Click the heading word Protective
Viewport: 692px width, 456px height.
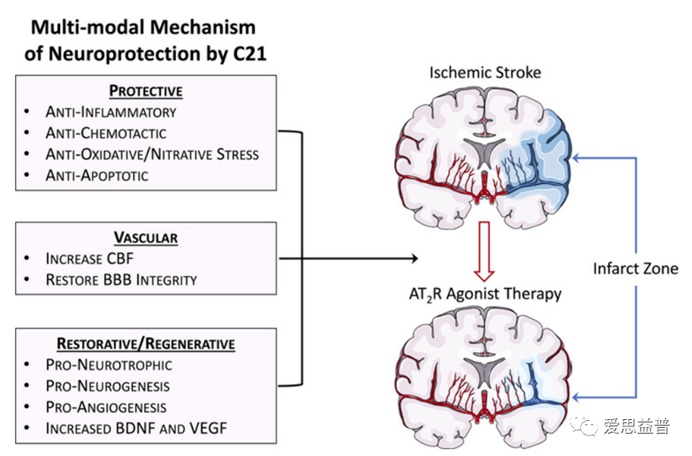click(146, 90)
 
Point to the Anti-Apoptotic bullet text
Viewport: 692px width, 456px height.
click(97, 174)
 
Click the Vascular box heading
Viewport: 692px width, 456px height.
click(146, 238)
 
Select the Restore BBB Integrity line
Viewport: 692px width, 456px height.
click(121, 279)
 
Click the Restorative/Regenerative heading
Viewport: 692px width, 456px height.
click(146, 344)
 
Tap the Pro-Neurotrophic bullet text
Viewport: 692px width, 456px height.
click(109, 365)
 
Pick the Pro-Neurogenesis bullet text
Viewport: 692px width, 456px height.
click(107, 386)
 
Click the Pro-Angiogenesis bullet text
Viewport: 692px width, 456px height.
click(106, 407)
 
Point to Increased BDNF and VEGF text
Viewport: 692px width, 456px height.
click(136, 428)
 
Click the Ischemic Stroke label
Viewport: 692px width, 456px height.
click(485, 73)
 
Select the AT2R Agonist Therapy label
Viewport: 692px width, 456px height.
click(485, 294)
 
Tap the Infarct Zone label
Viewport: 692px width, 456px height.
click(635, 269)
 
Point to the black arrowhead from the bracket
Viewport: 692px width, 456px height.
click(414, 258)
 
